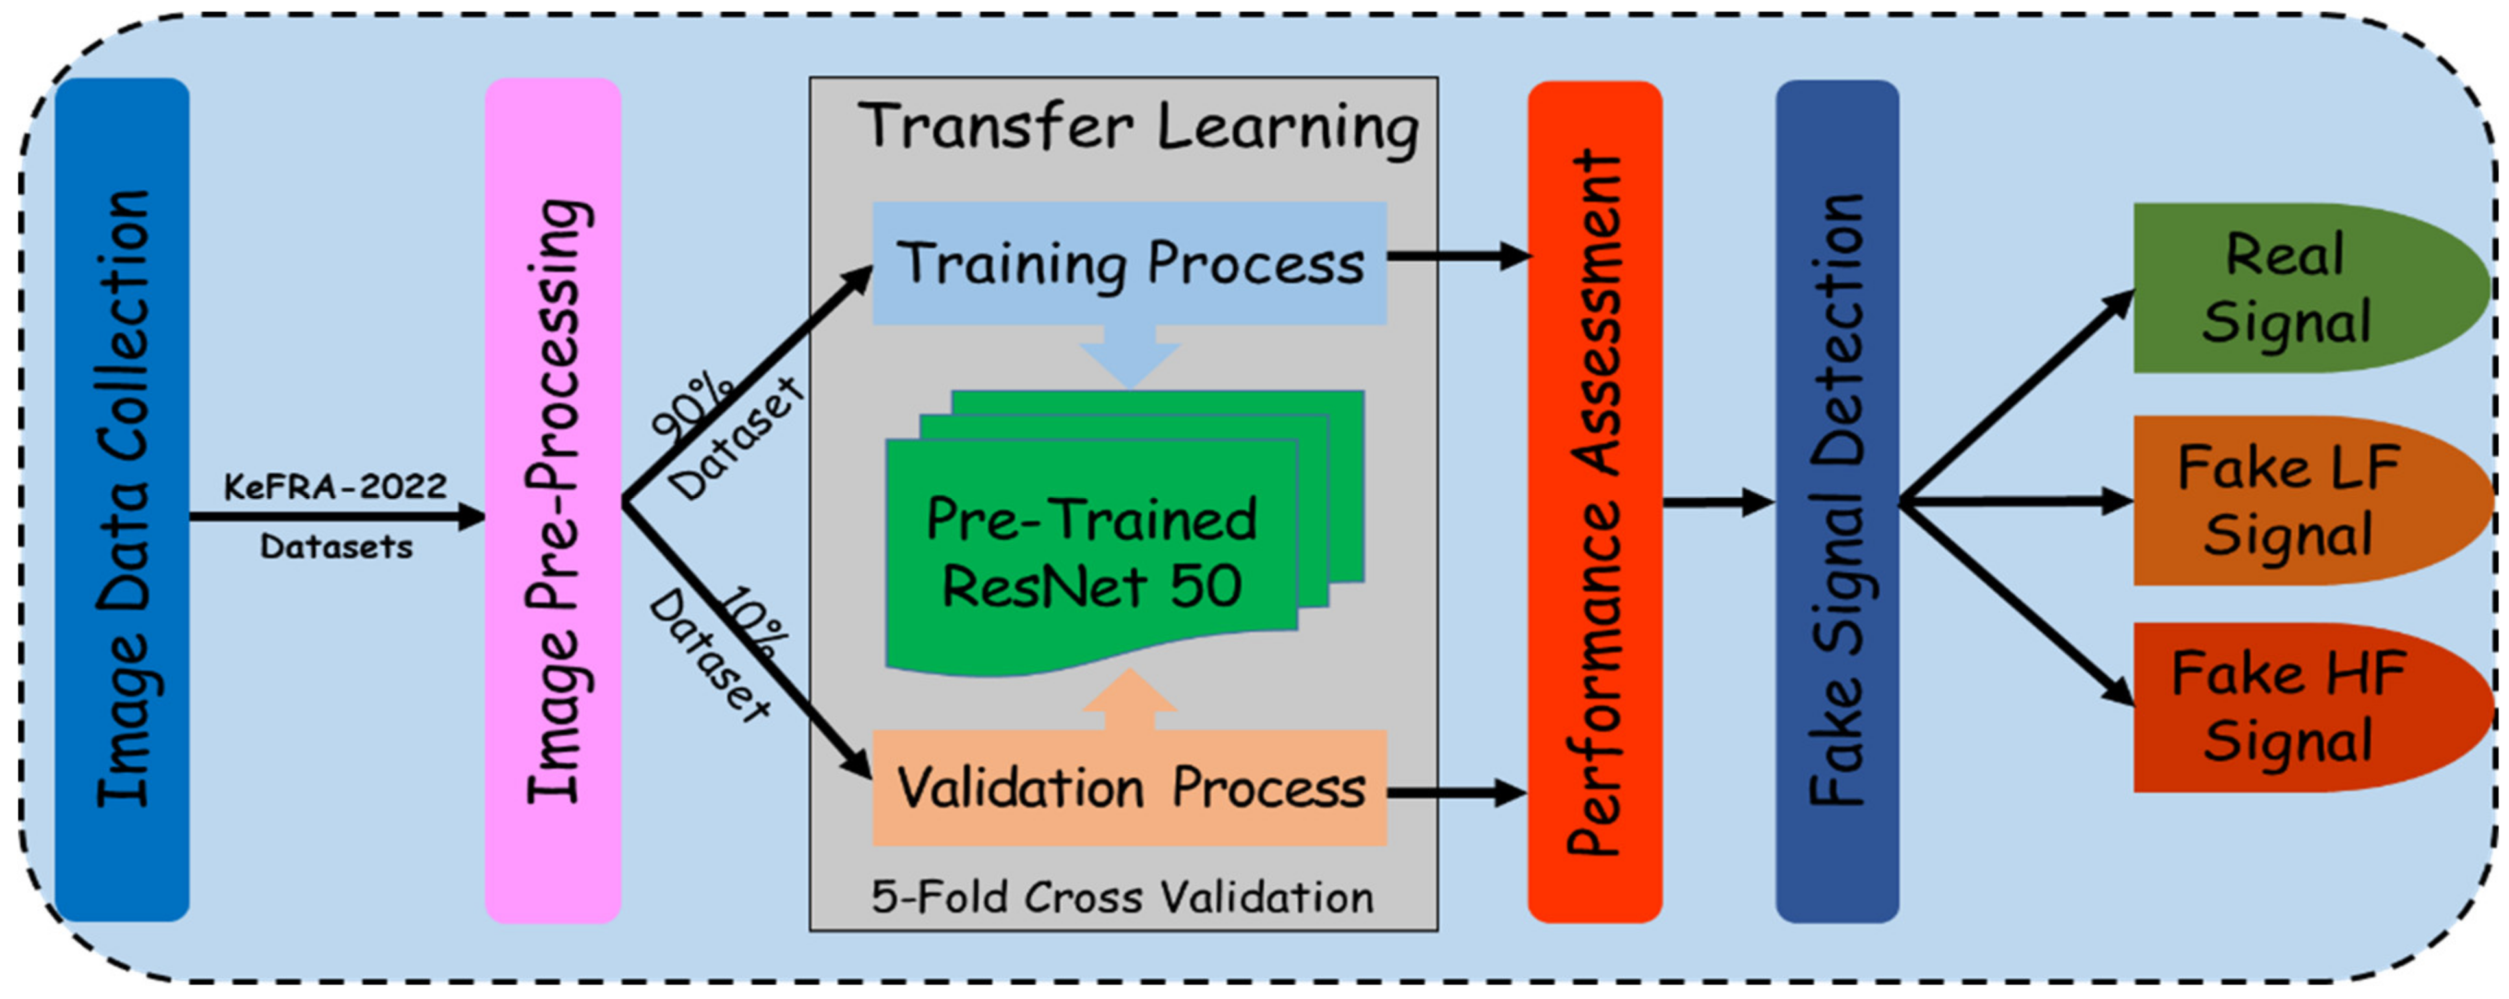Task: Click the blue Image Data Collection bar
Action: point(122,498)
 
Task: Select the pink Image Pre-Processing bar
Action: point(552,498)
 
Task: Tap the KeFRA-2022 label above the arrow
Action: point(335,486)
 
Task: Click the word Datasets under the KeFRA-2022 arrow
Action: point(336,546)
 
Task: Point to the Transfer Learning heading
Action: point(1138,126)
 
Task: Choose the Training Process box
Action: point(1129,263)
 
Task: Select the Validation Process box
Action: point(1129,787)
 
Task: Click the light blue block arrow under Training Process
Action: point(1130,356)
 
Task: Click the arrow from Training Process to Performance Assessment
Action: point(1457,256)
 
